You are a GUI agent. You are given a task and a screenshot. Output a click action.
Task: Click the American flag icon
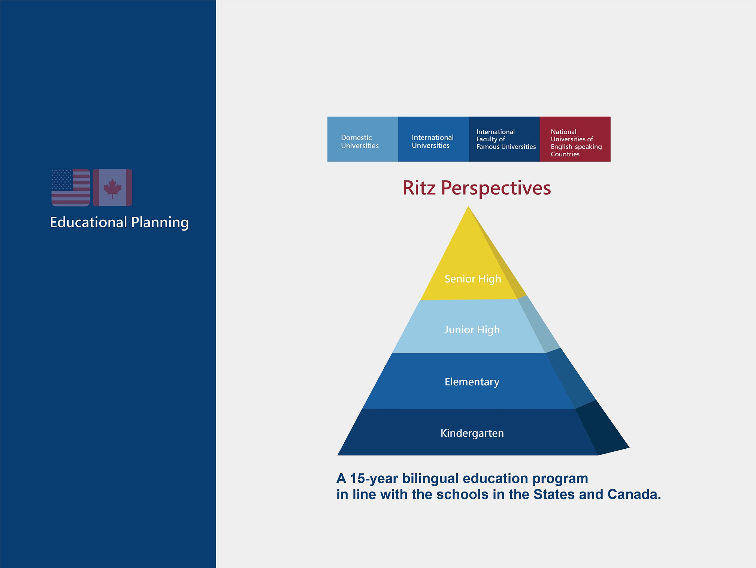click(71, 187)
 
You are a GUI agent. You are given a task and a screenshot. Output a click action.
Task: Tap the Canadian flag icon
click(112, 187)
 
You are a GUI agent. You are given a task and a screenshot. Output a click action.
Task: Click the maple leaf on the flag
click(112, 188)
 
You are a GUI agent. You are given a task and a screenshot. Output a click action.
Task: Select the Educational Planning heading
click(120, 222)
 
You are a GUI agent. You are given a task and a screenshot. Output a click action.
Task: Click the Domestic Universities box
click(363, 139)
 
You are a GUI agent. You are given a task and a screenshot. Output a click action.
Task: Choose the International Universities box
click(433, 139)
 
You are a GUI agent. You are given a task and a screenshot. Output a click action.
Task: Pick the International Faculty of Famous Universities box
click(504, 139)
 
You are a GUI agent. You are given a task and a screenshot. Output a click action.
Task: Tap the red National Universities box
click(575, 139)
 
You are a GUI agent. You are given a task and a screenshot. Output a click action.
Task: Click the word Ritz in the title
click(419, 188)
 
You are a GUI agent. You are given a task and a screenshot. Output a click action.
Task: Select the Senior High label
click(473, 279)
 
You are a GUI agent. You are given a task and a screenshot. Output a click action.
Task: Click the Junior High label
click(472, 330)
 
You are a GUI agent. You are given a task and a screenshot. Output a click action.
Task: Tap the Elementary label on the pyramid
click(472, 382)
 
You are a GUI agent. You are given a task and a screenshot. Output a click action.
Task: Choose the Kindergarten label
click(472, 433)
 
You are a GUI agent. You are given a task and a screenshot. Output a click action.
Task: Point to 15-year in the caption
click(374, 479)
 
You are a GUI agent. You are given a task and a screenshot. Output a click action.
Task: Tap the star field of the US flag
click(62, 180)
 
